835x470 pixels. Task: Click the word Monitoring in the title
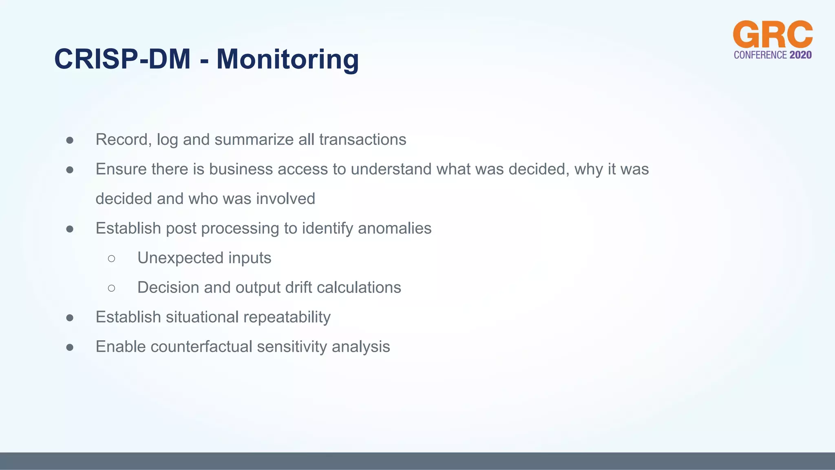pyautogui.click(x=287, y=59)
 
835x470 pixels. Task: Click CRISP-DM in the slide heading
pyautogui.click(x=122, y=59)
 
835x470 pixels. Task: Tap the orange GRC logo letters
pyautogui.click(x=773, y=35)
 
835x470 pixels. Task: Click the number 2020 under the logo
pyautogui.click(x=800, y=55)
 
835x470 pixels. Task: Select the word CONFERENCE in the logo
pyautogui.click(x=760, y=55)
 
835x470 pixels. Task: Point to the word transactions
pyautogui.click(x=362, y=140)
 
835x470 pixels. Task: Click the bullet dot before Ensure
pyautogui.click(x=70, y=170)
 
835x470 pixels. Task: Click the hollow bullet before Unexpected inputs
pyautogui.click(x=112, y=258)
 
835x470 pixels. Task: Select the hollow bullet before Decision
pyautogui.click(x=112, y=288)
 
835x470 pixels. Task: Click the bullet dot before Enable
pyautogui.click(x=70, y=347)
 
